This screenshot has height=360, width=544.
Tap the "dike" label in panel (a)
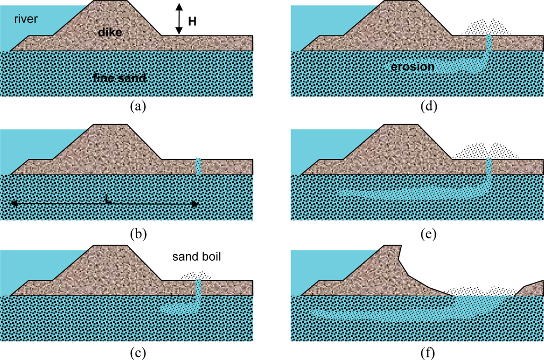pyautogui.click(x=110, y=33)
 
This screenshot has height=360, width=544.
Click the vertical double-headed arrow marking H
pyautogui.click(x=179, y=19)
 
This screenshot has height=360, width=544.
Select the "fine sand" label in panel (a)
pyautogui.click(x=119, y=78)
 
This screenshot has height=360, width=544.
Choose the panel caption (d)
pyautogui.click(x=428, y=106)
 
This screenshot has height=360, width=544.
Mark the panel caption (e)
pyautogui.click(x=428, y=232)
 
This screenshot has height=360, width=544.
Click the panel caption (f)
pyautogui.click(x=428, y=352)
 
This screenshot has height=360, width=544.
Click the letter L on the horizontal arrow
pyautogui.click(x=108, y=201)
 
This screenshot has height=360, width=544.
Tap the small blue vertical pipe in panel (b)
pyautogui.click(x=198, y=166)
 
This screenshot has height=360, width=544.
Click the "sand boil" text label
pyautogui.click(x=196, y=257)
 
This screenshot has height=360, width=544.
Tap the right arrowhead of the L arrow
pyautogui.click(x=195, y=204)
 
